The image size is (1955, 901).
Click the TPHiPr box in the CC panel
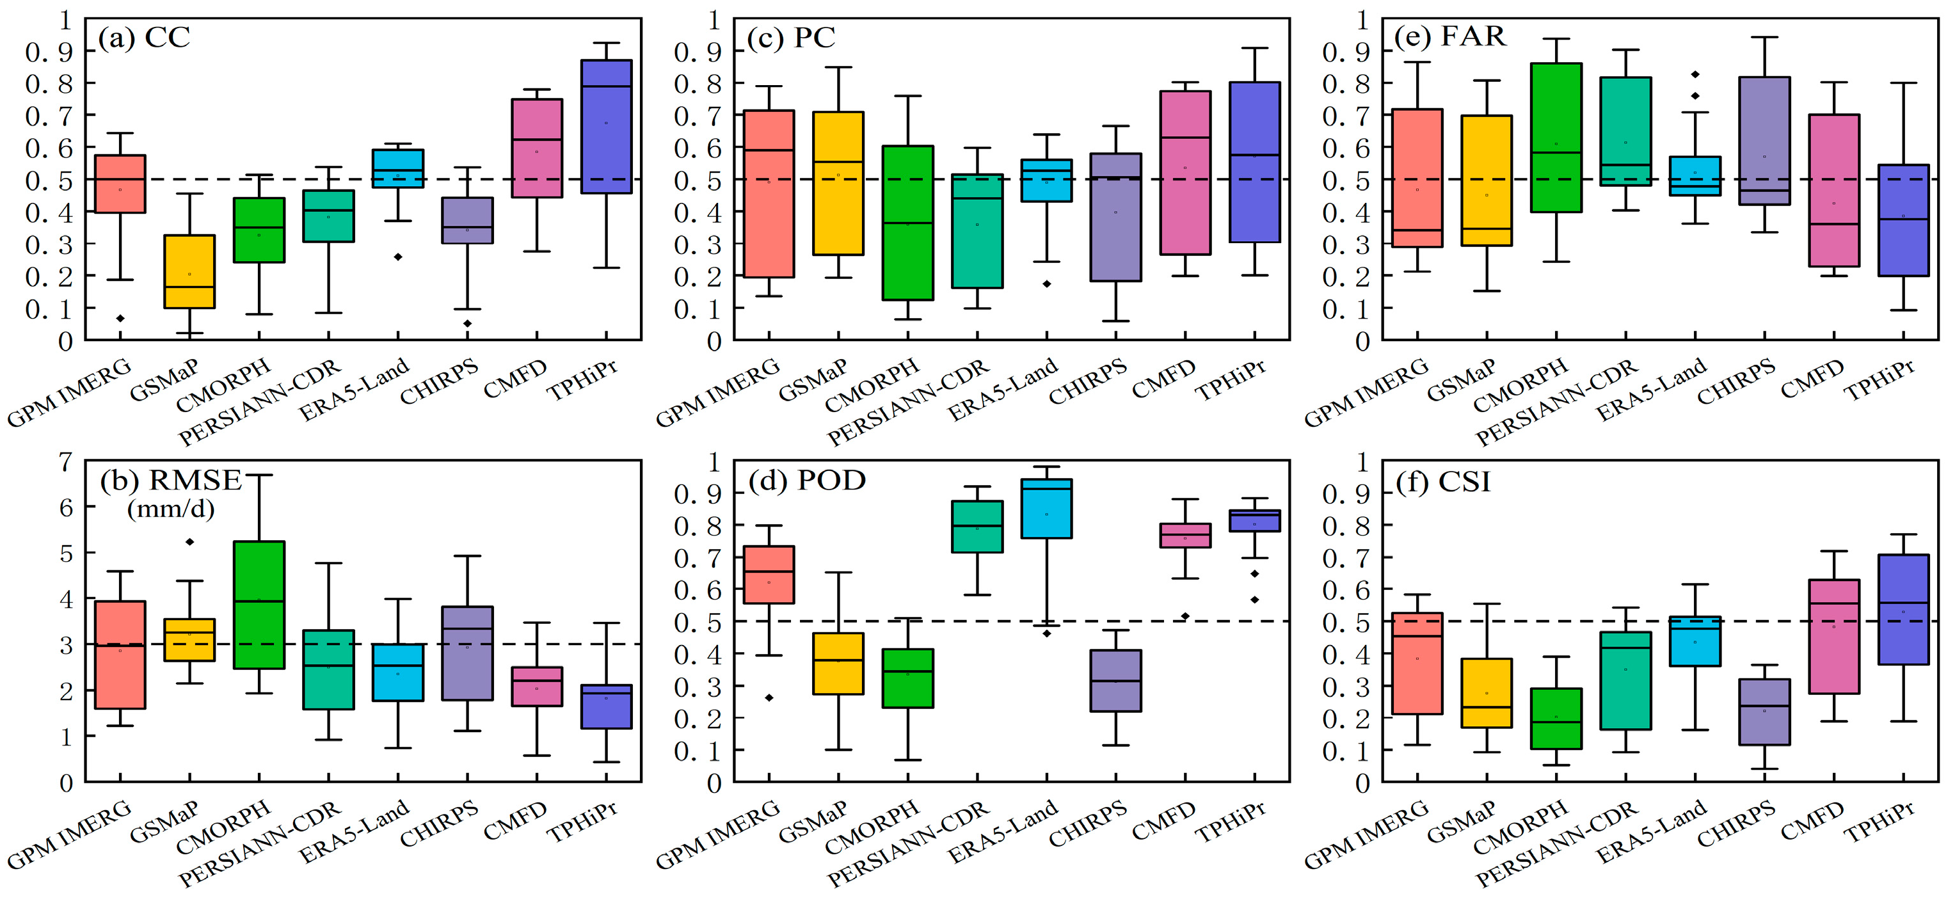pyautogui.click(x=607, y=126)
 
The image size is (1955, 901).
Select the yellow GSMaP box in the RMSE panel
pyautogui.click(x=189, y=640)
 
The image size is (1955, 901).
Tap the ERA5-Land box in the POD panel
pyautogui.click(x=1046, y=509)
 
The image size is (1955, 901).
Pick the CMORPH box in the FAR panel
pyautogui.click(x=1556, y=138)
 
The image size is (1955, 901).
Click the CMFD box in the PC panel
pyautogui.click(x=1185, y=173)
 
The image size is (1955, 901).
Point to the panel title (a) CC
pyautogui.click(x=144, y=37)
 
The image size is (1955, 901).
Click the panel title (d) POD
pyautogui.click(x=807, y=481)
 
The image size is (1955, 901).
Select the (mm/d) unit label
pyautogui.click(x=171, y=509)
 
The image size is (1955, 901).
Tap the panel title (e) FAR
pyautogui.click(x=1450, y=36)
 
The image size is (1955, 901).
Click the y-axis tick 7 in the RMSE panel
pyautogui.click(x=67, y=461)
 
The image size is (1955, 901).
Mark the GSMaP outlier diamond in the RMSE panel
pyautogui.click(x=189, y=542)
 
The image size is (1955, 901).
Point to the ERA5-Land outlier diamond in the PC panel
pyautogui.click(x=1046, y=284)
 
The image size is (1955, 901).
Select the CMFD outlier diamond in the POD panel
pyautogui.click(x=1185, y=616)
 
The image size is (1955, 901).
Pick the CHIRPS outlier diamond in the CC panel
pyautogui.click(x=468, y=323)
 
